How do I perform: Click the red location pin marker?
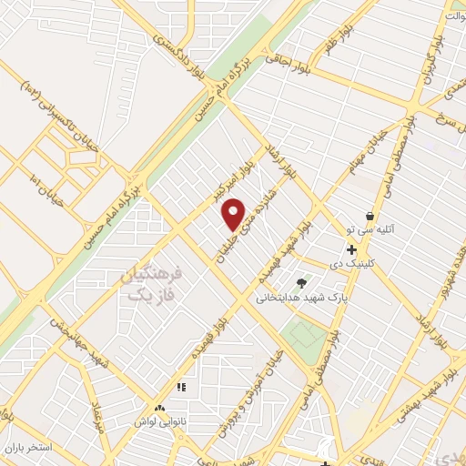pyautogui.click(x=234, y=213)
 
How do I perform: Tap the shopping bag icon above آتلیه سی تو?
pyautogui.click(x=370, y=217)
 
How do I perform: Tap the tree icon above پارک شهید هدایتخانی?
pyautogui.click(x=301, y=281)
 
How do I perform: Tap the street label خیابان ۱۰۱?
pyautogui.click(x=45, y=187)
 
